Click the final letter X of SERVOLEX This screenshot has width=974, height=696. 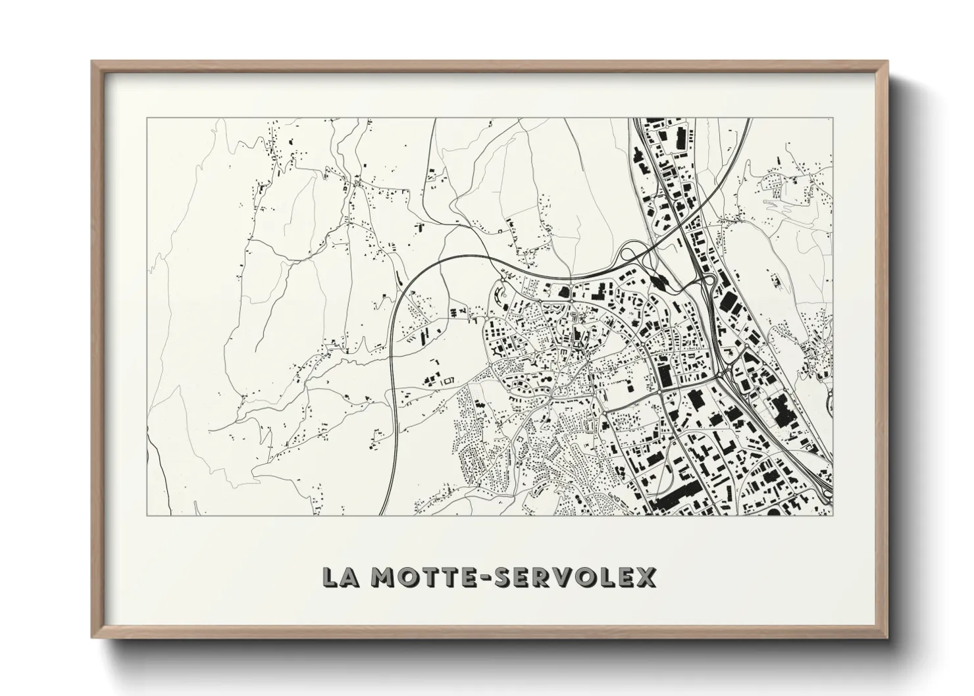[646, 577]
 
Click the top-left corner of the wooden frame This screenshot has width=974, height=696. [92, 62]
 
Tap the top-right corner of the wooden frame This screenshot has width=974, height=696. [887, 62]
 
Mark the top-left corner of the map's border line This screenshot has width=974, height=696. [147, 118]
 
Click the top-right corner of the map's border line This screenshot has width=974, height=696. [833, 118]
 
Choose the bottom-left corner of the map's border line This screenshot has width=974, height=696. [147, 516]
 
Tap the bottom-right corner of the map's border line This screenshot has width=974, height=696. [833, 516]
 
